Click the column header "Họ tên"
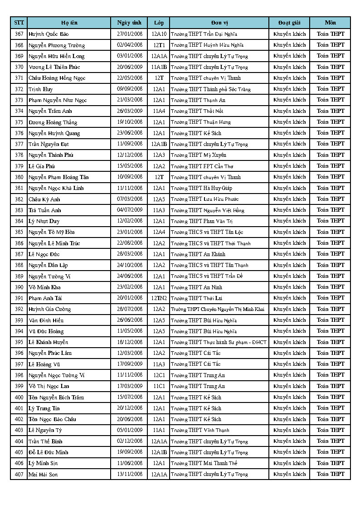click(x=69, y=23)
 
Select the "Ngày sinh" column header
click(x=129, y=23)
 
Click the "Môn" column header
click(x=330, y=23)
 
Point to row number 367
click(x=19, y=34)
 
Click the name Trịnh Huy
click(x=41, y=89)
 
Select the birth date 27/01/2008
click(x=130, y=34)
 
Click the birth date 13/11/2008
click(x=130, y=474)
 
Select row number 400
click(x=19, y=398)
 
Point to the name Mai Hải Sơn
click(x=43, y=475)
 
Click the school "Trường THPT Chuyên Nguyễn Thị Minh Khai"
click(x=218, y=309)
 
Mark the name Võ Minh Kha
click(x=44, y=287)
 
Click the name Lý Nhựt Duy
click(x=44, y=221)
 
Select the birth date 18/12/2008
click(x=130, y=342)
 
